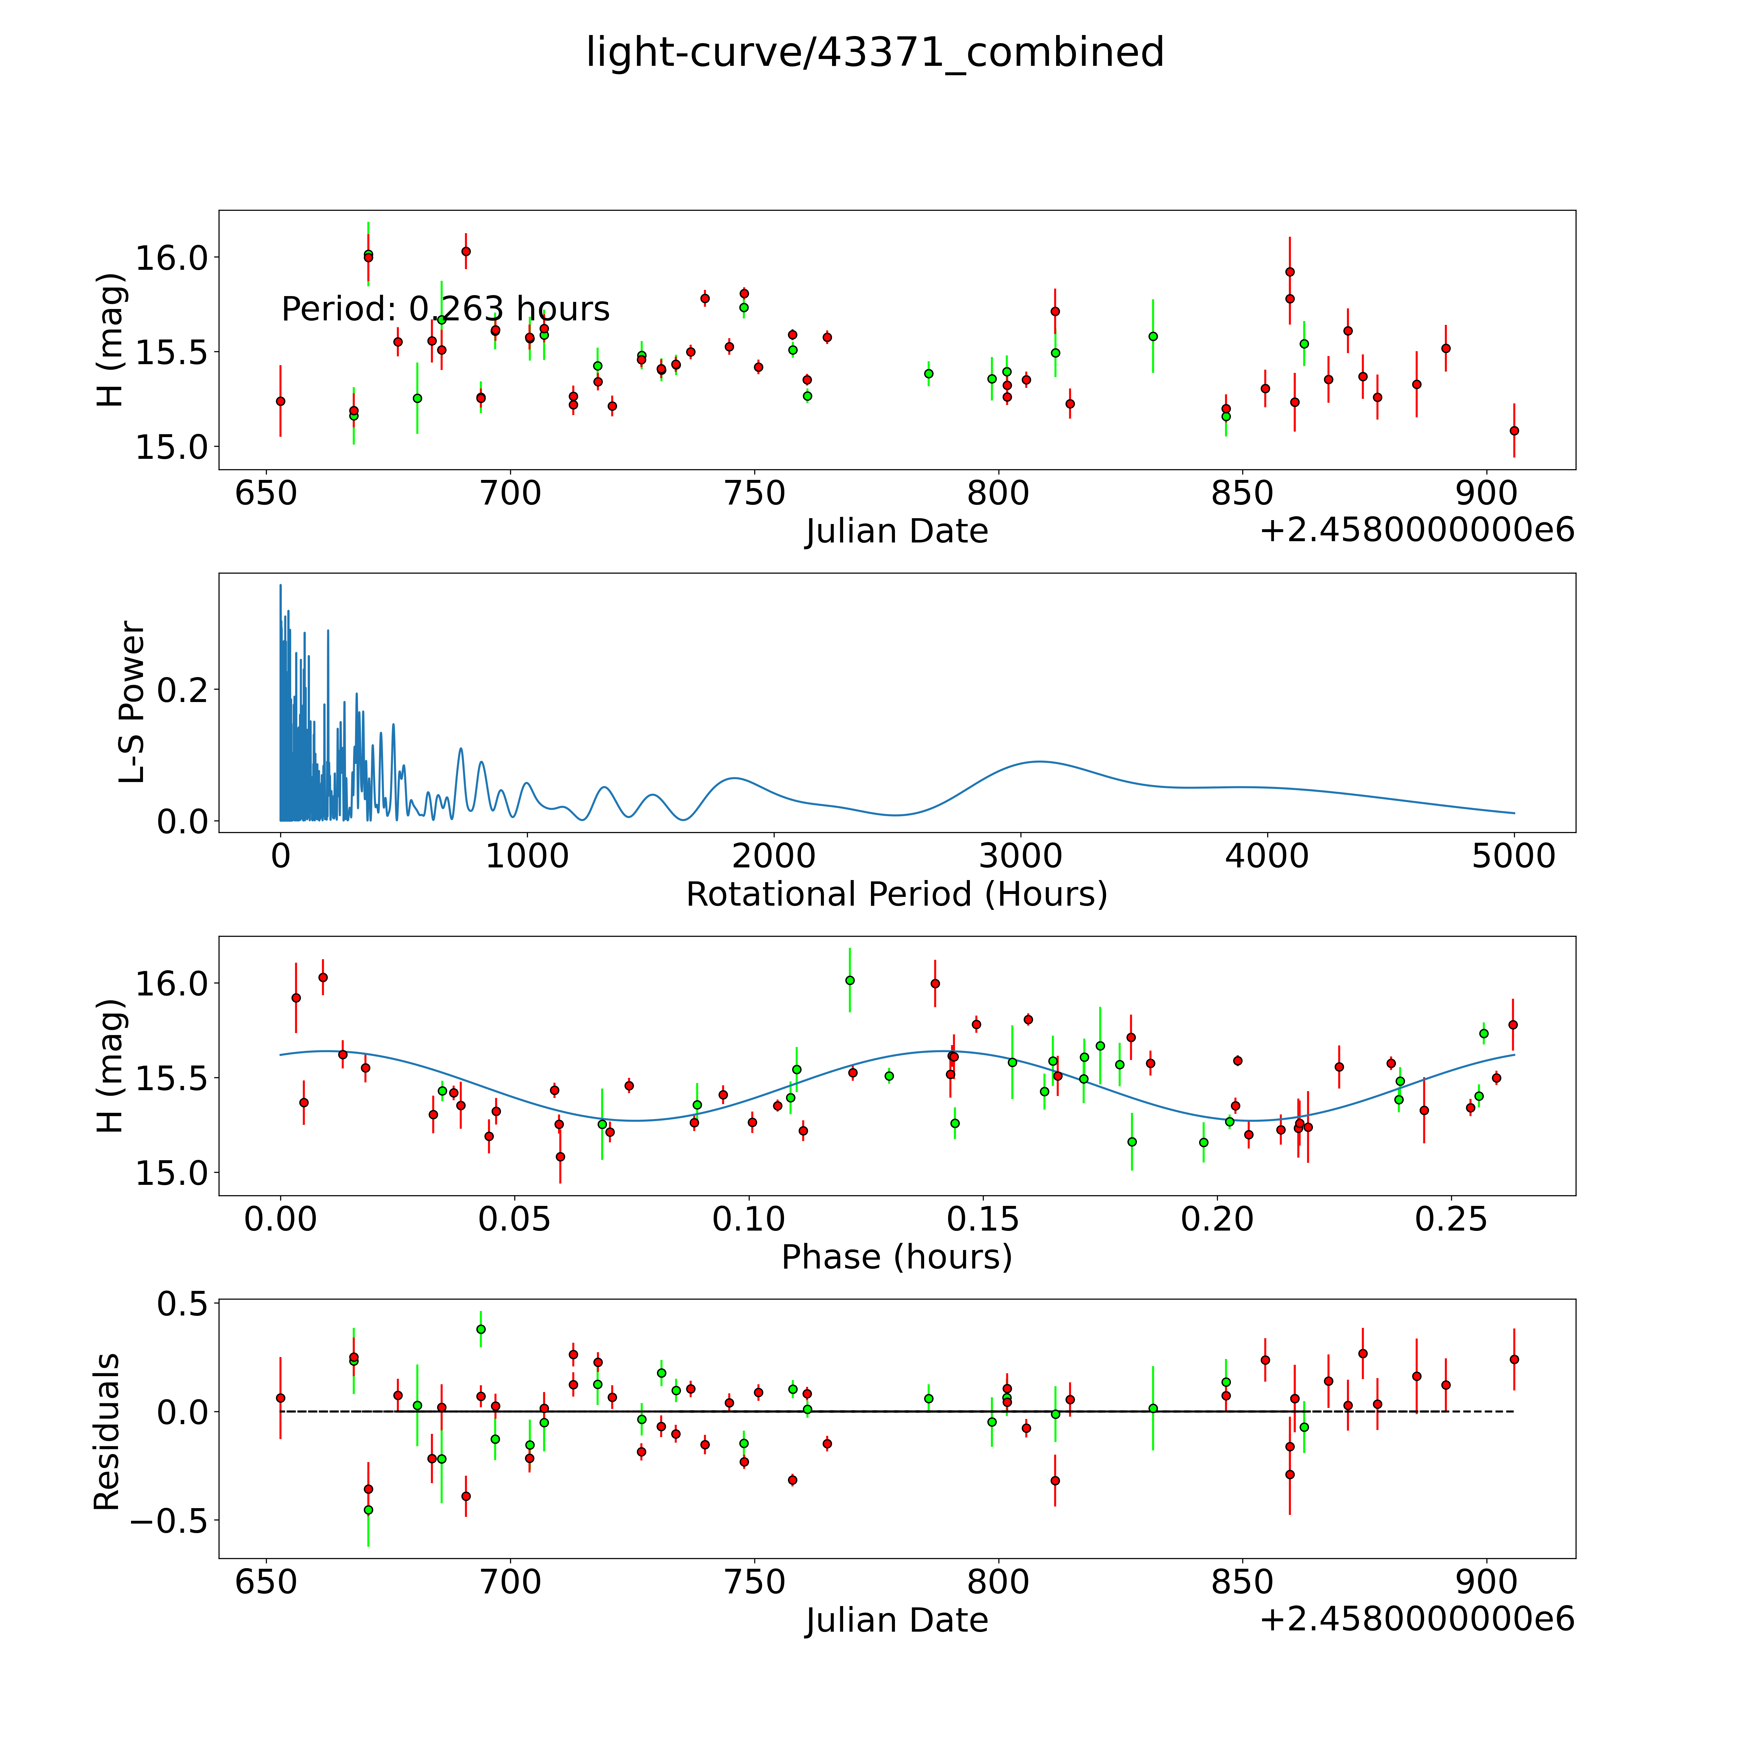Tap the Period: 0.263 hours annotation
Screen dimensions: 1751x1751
tap(445, 309)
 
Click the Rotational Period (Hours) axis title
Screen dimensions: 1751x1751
tap(896, 895)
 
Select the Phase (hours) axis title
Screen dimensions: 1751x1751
tap(896, 1257)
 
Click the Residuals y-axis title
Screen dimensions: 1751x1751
tap(107, 1432)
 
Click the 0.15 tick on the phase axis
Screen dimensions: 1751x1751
tap(983, 1219)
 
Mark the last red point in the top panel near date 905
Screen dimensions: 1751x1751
tap(1514, 431)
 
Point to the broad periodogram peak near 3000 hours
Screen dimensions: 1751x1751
tap(1040, 761)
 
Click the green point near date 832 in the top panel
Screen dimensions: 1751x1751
tap(1153, 336)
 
